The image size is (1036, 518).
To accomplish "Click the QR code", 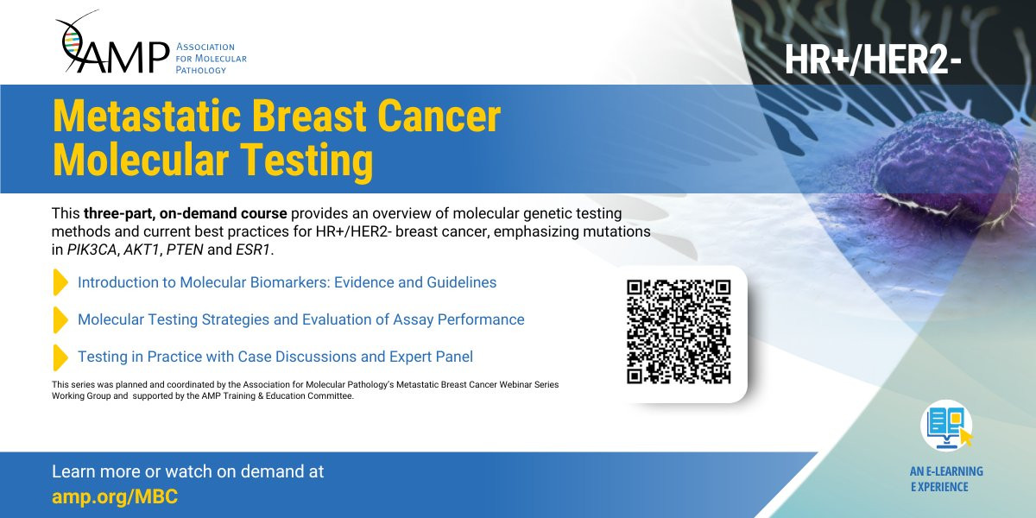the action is (679, 332).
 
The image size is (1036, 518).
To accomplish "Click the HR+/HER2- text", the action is (873, 60).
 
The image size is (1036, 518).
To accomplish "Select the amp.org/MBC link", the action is (115, 497).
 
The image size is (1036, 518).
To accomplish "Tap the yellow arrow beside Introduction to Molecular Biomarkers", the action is (60, 282).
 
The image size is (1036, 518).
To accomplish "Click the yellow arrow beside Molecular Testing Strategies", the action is (60, 319).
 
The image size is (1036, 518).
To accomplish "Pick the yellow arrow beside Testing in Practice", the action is (60, 357).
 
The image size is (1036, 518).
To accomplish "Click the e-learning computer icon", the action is (947, 426).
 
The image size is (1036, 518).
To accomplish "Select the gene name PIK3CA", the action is (92, 250).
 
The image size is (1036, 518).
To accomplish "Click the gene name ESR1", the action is (252, 250).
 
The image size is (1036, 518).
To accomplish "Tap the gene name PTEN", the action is (185, 250).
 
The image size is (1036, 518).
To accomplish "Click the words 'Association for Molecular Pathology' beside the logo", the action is (211, 59).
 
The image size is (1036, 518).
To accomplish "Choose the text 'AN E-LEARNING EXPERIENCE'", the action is (946, 479).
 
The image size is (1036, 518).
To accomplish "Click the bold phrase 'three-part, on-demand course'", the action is (185, 214).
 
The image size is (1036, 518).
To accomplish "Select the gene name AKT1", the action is (142, 250).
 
